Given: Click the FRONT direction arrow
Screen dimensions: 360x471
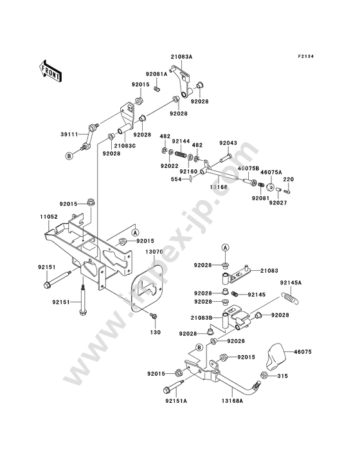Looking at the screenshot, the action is click(50, 71).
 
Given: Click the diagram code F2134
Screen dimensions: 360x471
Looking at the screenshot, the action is click(305, 56).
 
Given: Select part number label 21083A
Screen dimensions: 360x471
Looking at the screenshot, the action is click(182, 57).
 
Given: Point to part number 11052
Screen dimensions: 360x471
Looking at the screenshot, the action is click(48, 217).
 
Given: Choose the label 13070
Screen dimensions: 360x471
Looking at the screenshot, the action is click(154, 252).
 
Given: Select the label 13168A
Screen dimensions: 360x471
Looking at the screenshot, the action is click(232, 401).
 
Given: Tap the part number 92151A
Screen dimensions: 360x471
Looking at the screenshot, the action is click(176, 401).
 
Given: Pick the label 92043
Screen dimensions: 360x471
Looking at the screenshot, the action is click(228, 143).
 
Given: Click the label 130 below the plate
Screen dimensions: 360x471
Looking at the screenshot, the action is click(156, 332).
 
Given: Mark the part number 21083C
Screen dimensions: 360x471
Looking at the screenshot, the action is click(125, 145).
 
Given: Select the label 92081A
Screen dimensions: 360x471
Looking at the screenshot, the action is click(157, 74).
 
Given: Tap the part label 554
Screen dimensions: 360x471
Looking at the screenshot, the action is click(176, 180).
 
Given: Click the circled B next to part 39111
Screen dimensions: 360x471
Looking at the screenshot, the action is click(69, 156).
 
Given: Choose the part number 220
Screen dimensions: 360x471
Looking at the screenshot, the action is click(289, 180).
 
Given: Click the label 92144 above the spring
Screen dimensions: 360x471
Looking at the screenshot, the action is click(180, 141).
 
